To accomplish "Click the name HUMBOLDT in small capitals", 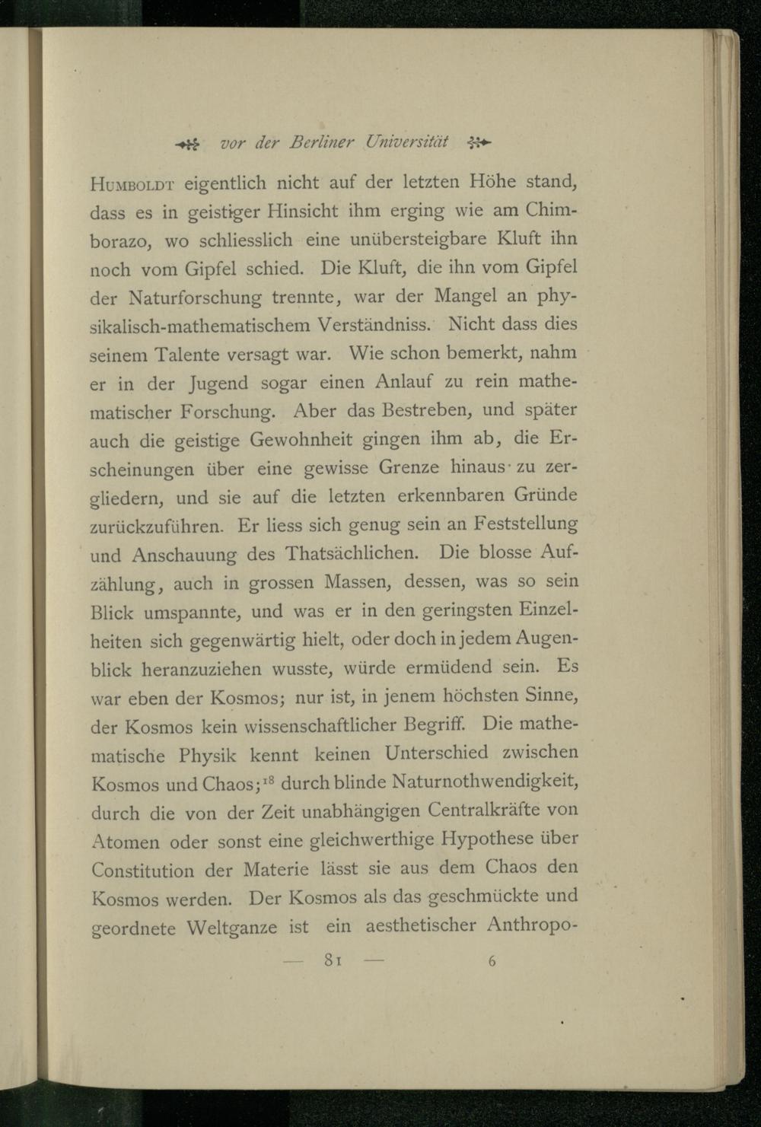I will click(134, 183).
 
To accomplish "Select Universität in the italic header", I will click(406, 142).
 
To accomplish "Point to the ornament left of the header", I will click(186, 143).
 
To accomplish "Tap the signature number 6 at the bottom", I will click(492, 961).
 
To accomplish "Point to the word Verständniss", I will click(371, 325).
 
